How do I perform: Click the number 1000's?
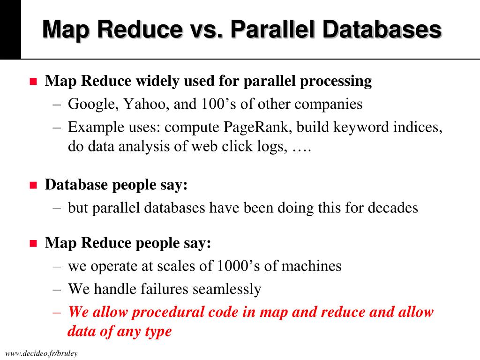(x=236, y=266)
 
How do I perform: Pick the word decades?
(x=392, y=207)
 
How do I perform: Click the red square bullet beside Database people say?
(x=33, y=185)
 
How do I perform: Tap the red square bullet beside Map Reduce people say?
(x=33, y=243)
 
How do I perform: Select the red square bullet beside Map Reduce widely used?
(x=33, y=82)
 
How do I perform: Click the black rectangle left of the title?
(x=10, y=29)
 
